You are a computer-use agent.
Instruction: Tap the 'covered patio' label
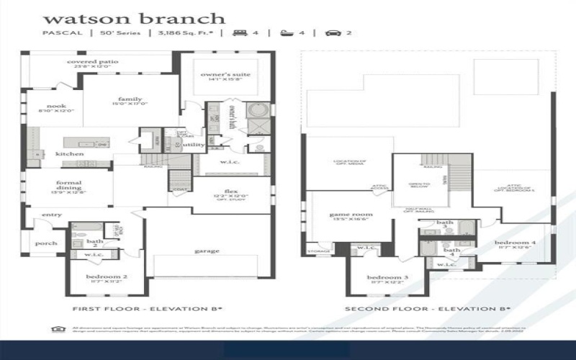pyautogui.click(x=93, y=62)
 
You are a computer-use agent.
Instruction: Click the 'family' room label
pyautogui.click(x=130, y=99)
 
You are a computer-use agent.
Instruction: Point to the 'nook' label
pyautogui.click(x=57, y=106)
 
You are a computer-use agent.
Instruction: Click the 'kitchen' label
pyautogui.click(x=70, y=154)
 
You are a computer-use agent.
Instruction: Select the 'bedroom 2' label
pyautogui.click(x=107, y=277)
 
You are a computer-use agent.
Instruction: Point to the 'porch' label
pyautogui.click(x=47, y=243)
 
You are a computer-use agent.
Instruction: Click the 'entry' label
pyautogui.click(x=52, y=215)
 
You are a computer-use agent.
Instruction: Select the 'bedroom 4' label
pyautogui.click(x=516, y=243)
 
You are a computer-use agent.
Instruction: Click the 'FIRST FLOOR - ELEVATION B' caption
pyautogui.click(x=148, y=309)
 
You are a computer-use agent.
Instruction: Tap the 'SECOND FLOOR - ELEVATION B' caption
pyautogui.click(x=428, y=309)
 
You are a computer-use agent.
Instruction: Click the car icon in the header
pyautogui.click(x=333, y=33)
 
